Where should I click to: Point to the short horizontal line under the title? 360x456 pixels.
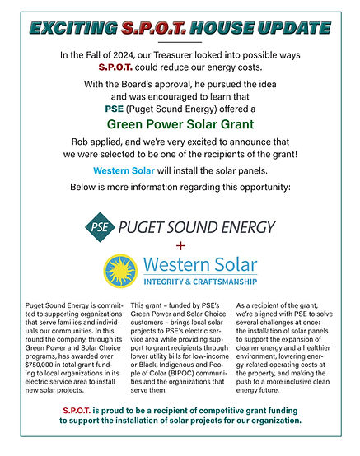tap(180, 41)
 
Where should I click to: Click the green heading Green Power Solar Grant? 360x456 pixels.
tap(180, 125)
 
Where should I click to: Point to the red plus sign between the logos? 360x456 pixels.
tap(180, 248)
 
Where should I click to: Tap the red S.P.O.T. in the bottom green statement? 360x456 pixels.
tap(81, 409)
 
